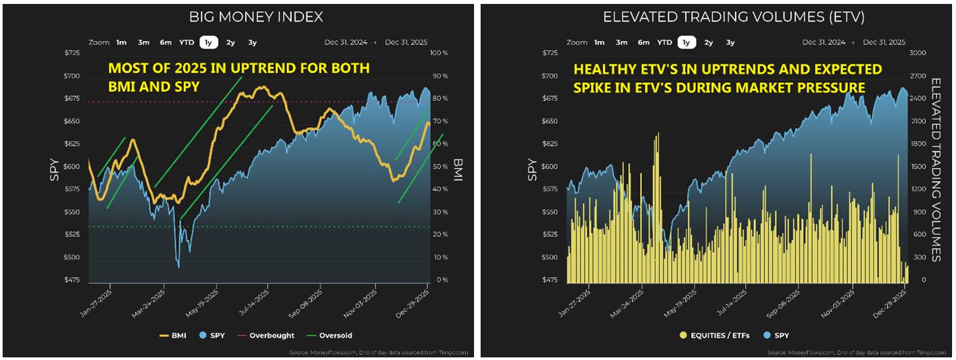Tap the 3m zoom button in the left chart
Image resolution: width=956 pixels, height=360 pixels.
[x=144, y=43]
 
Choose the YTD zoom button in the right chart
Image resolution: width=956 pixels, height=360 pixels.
[x=664, y=43]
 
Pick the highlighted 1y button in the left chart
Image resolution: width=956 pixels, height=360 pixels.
[x=208, y=43]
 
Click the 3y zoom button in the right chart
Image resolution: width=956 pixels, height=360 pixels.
[x=730, y=43]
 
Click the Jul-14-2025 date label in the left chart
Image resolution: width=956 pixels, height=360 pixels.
[x=261, y=301]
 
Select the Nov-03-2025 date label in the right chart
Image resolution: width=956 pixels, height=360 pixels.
[x=847, y=301]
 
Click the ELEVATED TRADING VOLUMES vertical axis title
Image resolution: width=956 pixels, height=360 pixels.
[x=938, y=167]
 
